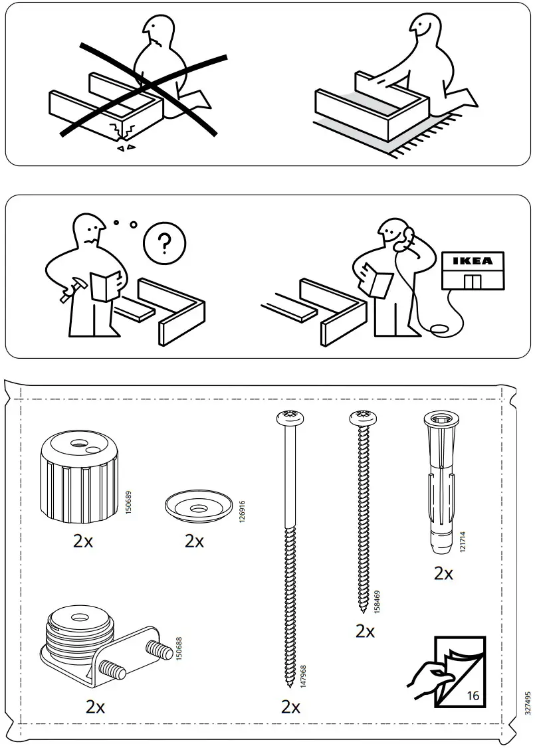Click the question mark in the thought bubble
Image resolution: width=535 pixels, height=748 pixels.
(x=164, y=244)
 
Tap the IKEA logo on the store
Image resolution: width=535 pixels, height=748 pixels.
(x=473, y=261)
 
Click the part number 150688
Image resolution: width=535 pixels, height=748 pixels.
(x=178, y=649)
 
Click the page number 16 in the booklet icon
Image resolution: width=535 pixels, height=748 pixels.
(x=473, y=696)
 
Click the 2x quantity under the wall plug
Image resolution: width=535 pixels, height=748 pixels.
(x=443, y=573)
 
